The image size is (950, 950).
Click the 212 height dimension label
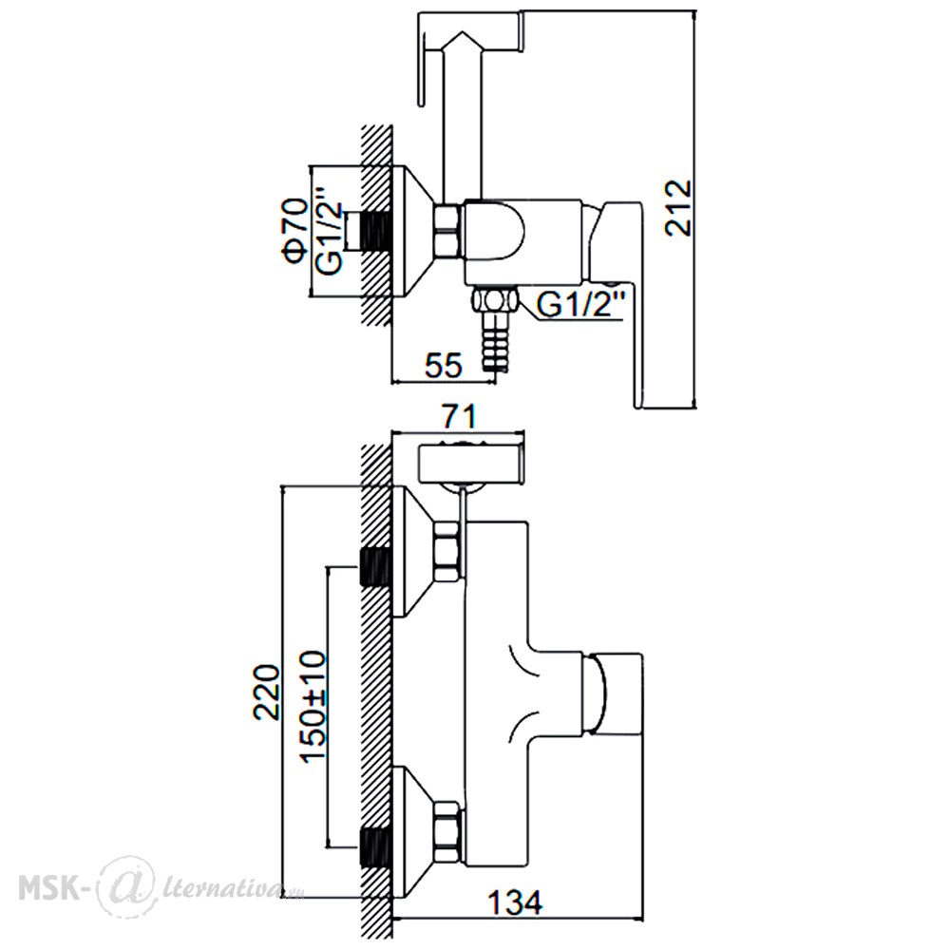click(677, 207)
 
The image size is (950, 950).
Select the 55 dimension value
click(443, 365)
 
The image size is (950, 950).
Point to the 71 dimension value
click(459, 416)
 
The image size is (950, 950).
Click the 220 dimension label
click(267, 692)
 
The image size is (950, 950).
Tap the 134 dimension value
click(516, 903)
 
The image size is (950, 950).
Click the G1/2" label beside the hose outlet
click(580, 304)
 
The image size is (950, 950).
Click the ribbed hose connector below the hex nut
click(496, 341)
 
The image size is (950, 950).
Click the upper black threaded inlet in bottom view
click(373, 566)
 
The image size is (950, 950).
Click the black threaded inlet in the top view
click(374, 231)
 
